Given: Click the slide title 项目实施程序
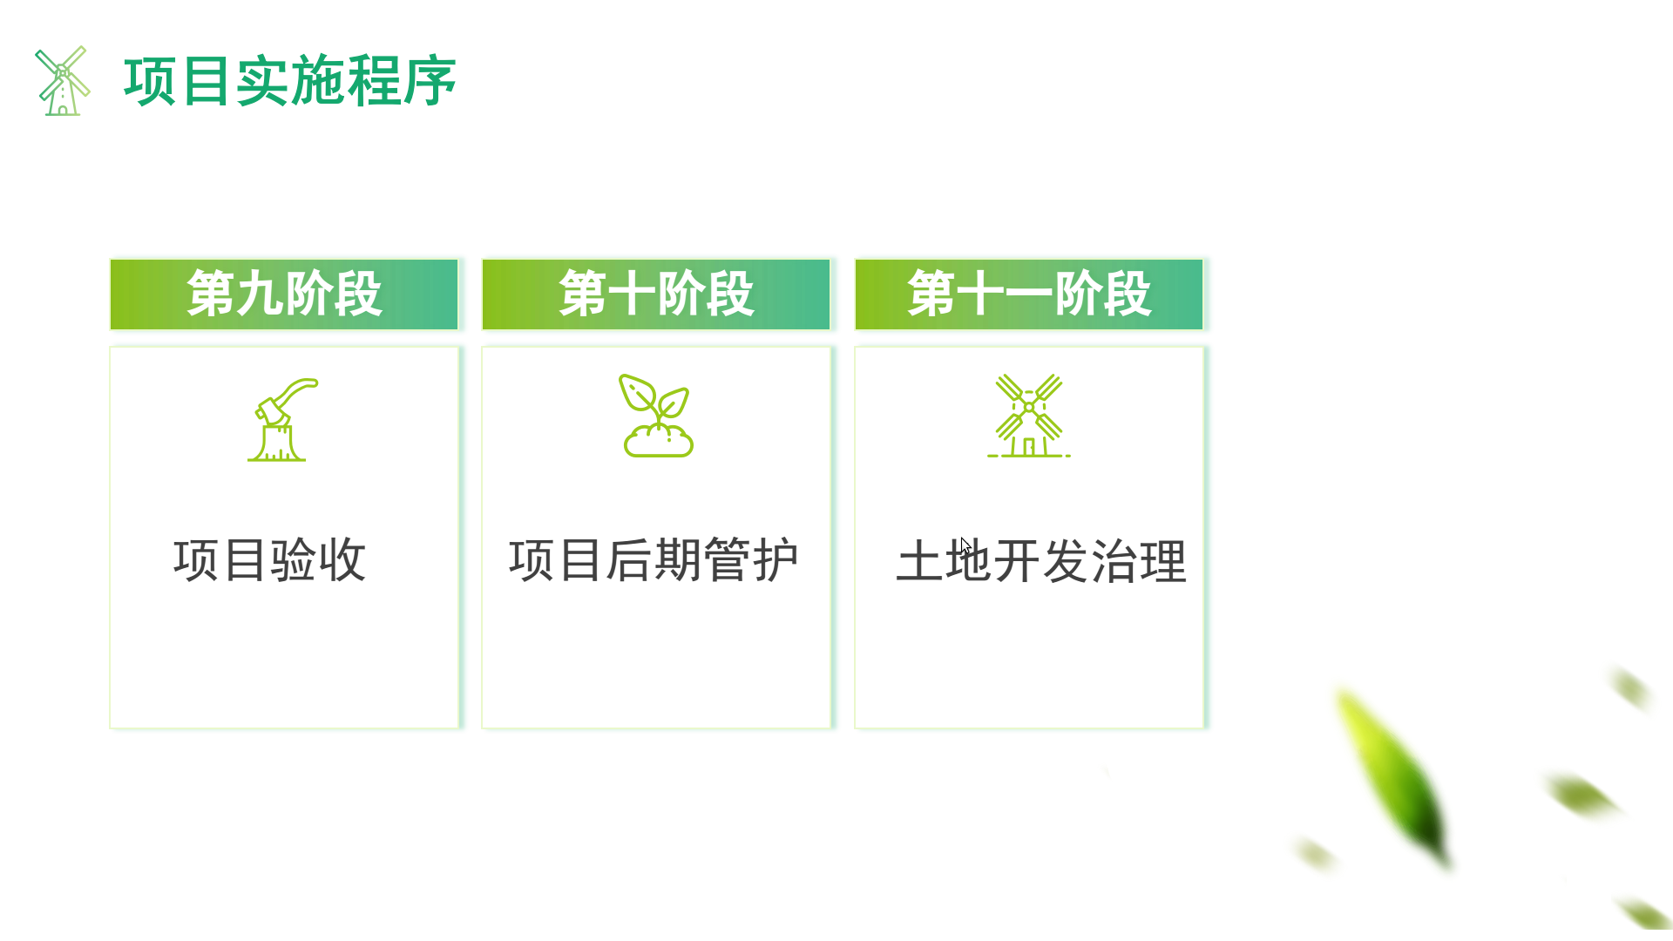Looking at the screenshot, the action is coord(290,81).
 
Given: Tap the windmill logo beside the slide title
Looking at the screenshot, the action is coord(62,81).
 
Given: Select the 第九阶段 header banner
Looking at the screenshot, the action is coord(284,294).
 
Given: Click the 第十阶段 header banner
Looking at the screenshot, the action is coord(656,294).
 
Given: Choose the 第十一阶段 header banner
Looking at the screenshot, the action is coord(1029,294).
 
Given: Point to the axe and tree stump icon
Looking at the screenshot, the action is coord(282,419).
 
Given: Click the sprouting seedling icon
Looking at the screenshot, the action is coord(657,416).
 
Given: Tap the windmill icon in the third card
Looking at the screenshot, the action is coord(1029,416).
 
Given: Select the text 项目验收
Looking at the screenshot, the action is coord(270,559).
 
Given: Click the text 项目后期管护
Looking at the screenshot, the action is coord(654,559).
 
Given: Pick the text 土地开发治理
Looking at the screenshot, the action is coord(1041,561).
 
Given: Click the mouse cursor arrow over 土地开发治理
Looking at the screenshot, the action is coord(965,546).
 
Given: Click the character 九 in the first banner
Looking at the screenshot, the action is coord(260,294).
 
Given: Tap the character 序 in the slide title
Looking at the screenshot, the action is coord(430,81).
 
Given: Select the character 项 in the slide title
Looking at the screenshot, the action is coord(151,81).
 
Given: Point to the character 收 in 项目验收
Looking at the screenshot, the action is coord(343,559).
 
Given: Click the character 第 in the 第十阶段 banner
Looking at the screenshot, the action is coord(583,294).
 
